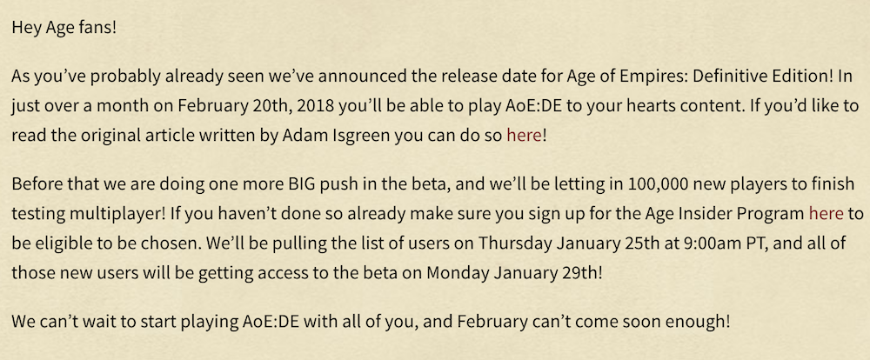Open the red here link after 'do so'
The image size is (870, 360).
point(524,137)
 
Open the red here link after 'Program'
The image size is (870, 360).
point(826,213)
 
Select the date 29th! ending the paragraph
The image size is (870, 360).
point(580,273)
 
